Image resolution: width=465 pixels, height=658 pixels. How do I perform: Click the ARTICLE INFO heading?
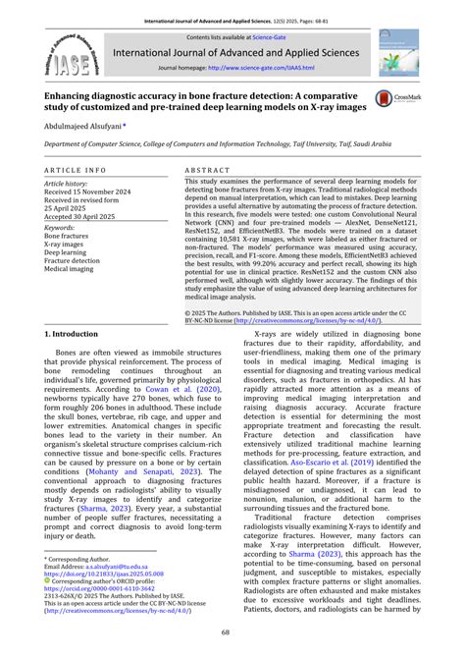(x=77, y=170)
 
